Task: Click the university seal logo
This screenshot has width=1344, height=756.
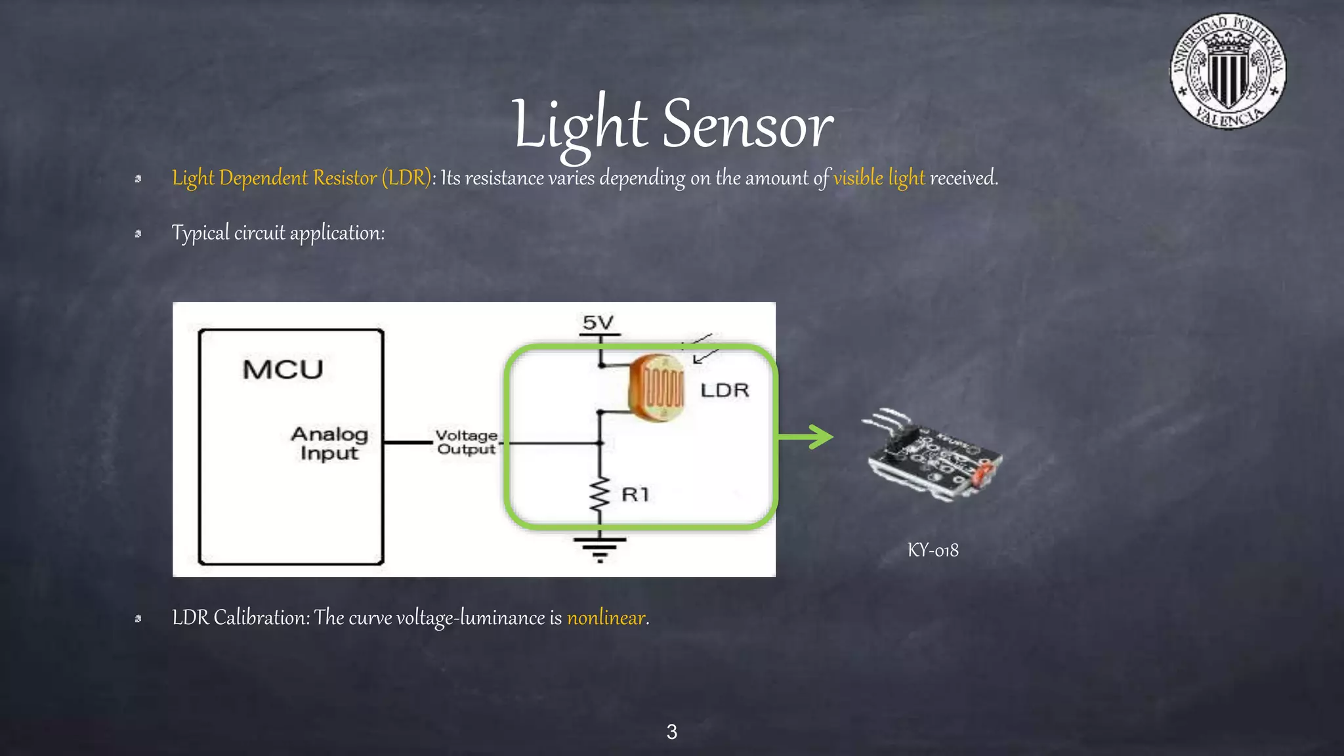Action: (x=1228, y=71)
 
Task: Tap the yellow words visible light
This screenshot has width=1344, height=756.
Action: (x=879, y=178)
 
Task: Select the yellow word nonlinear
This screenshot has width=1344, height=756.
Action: (x=606, y=618)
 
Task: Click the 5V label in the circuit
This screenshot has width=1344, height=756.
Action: (x=598, y=323)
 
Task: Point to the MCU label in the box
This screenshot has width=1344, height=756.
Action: (x=283, y=369)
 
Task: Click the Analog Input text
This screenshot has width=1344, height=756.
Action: (x=329, y=444)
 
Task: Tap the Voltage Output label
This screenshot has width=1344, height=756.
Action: (x=467, y=442)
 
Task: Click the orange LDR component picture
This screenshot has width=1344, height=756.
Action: (x=656, y=388)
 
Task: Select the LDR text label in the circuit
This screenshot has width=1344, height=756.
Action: (x=724, y=390)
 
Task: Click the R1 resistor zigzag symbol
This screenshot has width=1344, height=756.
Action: (x=599, y=496)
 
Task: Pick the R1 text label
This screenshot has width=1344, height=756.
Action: (x=635, y=494)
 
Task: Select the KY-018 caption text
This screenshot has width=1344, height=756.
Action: (x=933, y=550)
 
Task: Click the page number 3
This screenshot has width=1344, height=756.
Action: (x=671, y=732)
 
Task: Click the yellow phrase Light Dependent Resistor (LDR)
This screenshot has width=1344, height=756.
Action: (x=301, y=178)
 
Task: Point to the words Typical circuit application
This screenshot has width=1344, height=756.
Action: (x=278, y=233)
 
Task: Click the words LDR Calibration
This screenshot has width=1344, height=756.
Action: (x=240, y=618)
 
